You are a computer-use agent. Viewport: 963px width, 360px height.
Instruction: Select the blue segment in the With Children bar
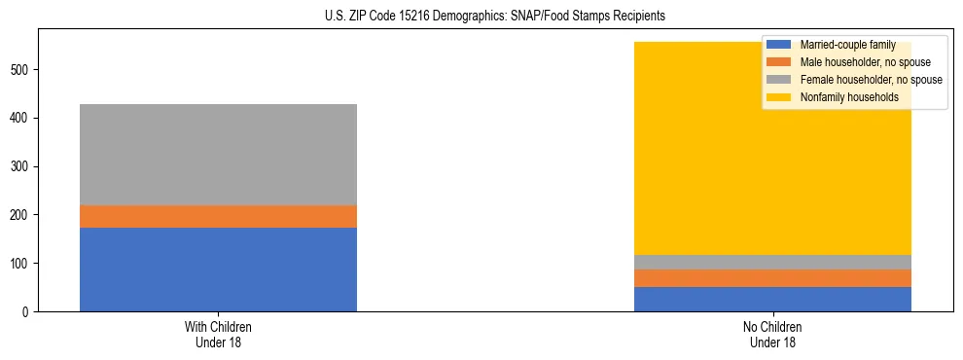(x=218, y=270)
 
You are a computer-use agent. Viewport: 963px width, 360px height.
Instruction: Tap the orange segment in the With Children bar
(x=218, y=216)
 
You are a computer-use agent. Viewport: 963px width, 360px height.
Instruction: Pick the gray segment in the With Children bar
(x=218, y=155)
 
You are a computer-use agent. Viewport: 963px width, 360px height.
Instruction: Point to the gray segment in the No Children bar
(x=772, y=262)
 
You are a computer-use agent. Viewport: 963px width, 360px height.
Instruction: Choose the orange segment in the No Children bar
(x=772, y=278)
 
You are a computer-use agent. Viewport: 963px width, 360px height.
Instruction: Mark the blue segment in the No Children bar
(x=772, y=299)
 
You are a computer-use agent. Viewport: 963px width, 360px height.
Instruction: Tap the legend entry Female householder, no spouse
(x=860, y=80)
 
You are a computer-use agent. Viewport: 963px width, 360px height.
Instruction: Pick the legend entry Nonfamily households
(x=842, y=97)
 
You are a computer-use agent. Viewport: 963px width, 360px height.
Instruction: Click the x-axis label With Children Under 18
(x=218, y=334)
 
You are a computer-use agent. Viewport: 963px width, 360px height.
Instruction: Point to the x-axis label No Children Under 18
(x=772, y=334)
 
